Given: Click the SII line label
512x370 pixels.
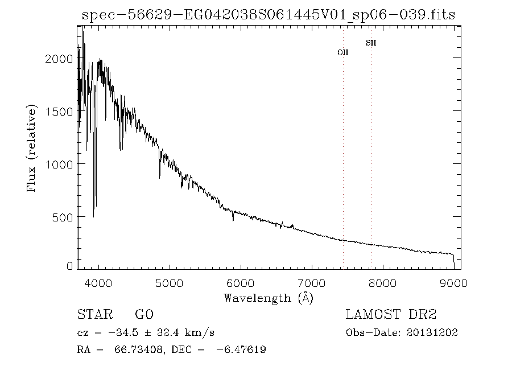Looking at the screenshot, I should [x=370, y=43].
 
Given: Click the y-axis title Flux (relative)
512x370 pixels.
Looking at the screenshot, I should [x=32, y=148].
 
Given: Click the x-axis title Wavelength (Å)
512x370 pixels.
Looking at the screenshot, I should [x=269, y=298].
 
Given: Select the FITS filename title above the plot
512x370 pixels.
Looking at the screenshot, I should [x=269, y=15].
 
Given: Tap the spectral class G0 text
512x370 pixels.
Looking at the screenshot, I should [x=144, y=315].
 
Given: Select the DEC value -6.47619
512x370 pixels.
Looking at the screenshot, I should [x=241, y=350].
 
